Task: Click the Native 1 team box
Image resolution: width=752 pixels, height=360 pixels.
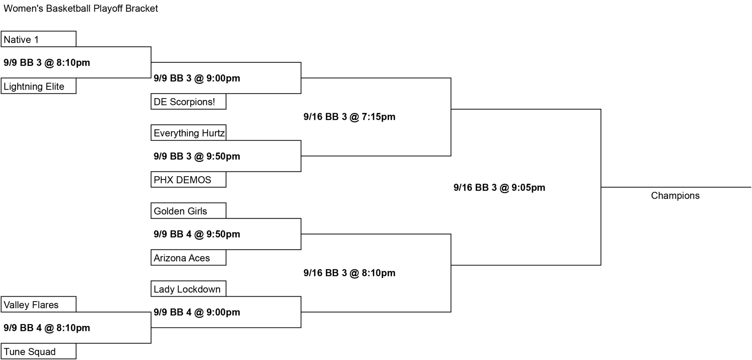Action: (39, 39)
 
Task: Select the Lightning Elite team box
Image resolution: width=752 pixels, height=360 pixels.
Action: (39, 86)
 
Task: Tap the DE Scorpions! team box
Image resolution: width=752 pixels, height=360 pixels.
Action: (188, 101)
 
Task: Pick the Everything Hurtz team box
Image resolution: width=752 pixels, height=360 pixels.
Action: (188, 133)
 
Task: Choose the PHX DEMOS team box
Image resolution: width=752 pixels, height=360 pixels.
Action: (188, 180)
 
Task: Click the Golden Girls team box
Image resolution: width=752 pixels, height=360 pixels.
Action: (188, 211)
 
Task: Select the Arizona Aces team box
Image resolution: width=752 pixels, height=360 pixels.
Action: (188, 258)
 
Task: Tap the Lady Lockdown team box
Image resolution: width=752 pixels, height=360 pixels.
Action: (188, 289)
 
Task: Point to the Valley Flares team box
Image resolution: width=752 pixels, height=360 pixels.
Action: (39, 305)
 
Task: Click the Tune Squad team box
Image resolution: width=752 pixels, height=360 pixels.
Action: (39, 351)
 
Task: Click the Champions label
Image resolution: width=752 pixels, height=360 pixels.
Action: (675, 195)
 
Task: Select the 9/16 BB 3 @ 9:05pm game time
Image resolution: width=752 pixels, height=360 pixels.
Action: (499, 187)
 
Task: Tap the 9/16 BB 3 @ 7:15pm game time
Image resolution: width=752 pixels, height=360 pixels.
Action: (350, 117)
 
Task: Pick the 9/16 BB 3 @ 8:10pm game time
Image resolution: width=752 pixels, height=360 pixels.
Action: (350, 273)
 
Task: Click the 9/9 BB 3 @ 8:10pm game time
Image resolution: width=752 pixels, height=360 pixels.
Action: (47, 62)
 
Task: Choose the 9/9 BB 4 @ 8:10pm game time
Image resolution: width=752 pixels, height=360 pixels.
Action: (47, 328)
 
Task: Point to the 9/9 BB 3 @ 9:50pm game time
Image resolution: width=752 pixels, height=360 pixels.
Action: (197, 156)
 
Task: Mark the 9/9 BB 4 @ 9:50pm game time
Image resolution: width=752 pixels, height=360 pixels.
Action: (197, 234)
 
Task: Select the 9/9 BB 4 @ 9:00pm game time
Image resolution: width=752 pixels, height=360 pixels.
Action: (197, 312)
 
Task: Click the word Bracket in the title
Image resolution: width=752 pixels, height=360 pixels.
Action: (141, 8)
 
